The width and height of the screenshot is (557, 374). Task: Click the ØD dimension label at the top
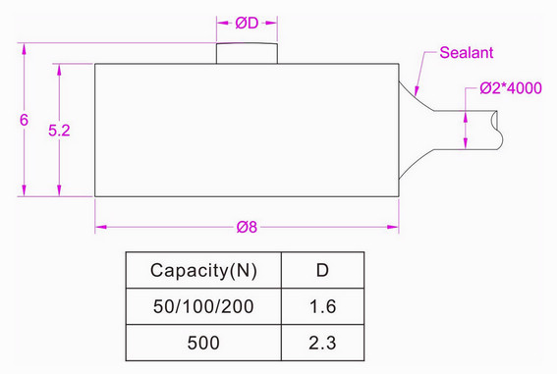tap(247, 23)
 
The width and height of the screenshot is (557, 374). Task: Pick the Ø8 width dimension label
tap(247, 228)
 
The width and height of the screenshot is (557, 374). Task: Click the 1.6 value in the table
tap(322, 307)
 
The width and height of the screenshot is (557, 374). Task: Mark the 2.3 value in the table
tap(322, 343)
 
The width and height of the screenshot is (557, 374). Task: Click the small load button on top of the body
tap(247, 53)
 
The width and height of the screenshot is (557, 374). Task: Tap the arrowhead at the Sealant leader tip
tap(415, 92)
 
